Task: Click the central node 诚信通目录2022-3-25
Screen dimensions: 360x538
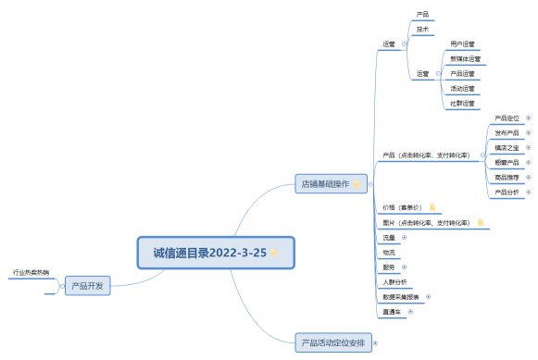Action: [x=203, y=252]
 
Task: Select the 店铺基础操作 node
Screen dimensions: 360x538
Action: [x=324, y=183]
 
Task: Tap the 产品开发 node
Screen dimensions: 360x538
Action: [x=87, y=286]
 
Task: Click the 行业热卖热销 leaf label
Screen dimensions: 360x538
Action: [x=31, y=273]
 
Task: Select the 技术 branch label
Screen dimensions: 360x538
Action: [x=423, y=29]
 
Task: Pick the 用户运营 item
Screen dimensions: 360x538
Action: [x=462, y=43]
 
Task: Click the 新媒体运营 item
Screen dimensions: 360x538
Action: [x=465, y=58]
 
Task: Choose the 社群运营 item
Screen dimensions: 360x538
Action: [x=462, y=103]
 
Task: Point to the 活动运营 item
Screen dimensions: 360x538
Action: [x=462, y=88]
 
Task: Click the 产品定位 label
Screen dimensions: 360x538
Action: [x=507, y=118]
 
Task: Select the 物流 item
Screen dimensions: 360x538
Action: [x=389, y=252]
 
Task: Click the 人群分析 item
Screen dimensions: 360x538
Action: [x=394, y=281]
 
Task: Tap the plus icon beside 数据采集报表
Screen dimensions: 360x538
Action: [x=428, y=296]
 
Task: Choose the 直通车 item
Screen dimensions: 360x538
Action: [x=392, y=312]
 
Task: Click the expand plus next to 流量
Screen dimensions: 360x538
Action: [x=404, y=237]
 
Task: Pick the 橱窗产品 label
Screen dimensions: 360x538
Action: [x=507, y=162]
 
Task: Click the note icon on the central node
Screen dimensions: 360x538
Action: [x=274, y=252]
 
